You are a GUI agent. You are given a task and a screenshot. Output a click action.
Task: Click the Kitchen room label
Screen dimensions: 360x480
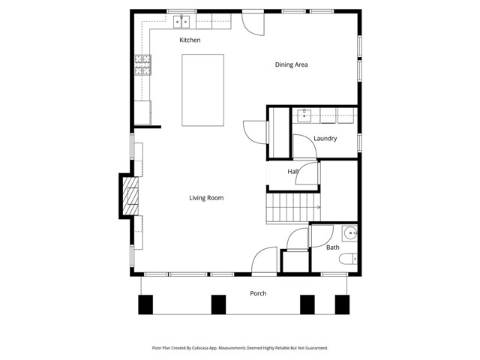tap(190, 40)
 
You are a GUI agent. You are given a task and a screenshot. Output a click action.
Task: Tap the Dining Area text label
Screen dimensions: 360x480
tap(291, 64)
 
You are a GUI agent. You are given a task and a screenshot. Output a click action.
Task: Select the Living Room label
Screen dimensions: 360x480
tap(205, 198)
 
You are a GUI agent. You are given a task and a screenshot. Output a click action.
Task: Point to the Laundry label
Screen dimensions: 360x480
tap(325, 139)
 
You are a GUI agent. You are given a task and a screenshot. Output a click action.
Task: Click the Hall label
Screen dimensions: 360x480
tap(292, 172)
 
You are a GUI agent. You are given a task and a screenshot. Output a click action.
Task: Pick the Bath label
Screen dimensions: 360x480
tap(333, 247)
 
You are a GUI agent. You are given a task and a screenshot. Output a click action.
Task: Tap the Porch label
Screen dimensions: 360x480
tap(258, 293)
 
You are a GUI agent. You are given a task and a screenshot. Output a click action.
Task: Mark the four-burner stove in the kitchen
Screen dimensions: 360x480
tap(142, 66)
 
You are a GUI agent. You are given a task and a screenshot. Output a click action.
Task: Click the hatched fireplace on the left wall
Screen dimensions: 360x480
tap(132, 196)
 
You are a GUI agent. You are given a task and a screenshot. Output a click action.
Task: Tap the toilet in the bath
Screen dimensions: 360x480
tap(348, 260)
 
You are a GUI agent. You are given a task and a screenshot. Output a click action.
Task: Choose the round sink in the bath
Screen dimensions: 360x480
tap(349, 232)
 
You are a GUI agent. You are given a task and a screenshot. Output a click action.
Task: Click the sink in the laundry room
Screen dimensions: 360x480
tap(304, 115)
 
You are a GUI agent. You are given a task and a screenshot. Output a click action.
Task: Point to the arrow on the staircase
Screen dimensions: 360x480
tap(318, 208)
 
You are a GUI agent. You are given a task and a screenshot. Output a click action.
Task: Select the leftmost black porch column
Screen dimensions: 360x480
tap(145, 304)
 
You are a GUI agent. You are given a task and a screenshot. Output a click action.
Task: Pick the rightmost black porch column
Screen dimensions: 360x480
tap(342, 304)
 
